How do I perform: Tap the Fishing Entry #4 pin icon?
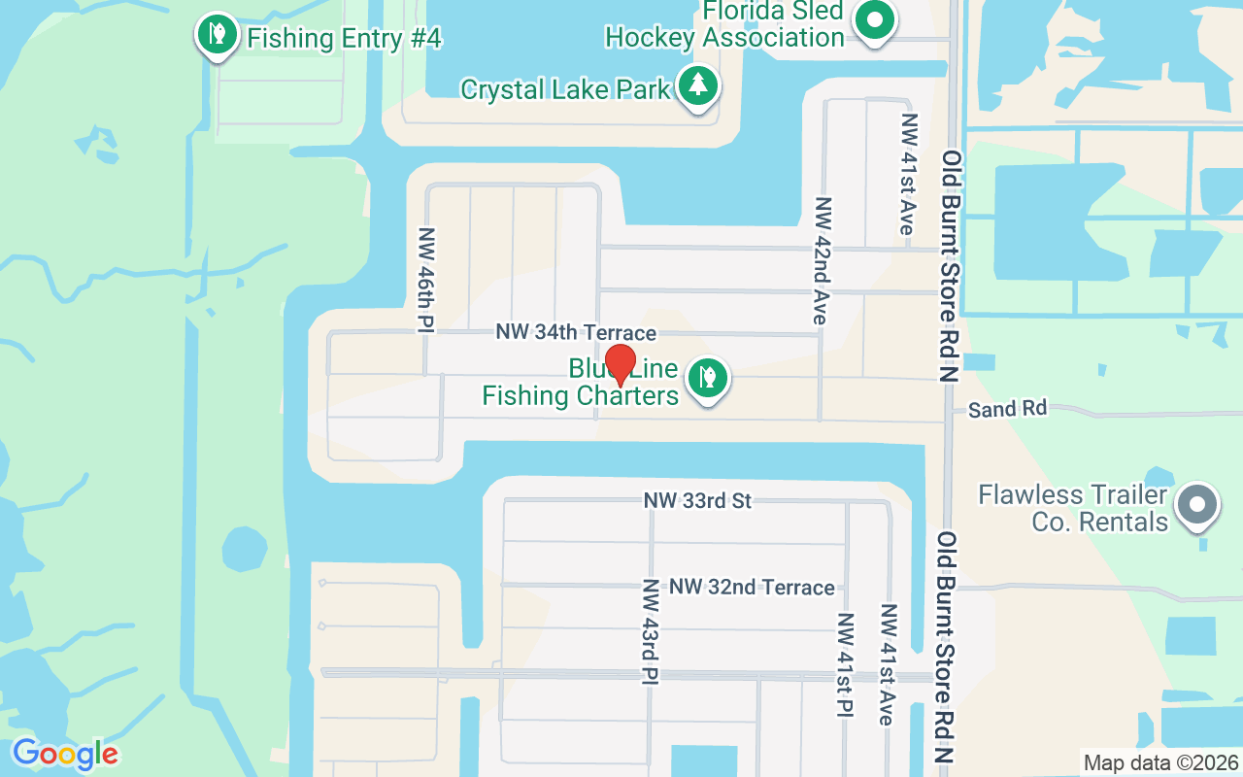click(218, 35)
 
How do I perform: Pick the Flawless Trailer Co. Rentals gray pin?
click(1197, 505)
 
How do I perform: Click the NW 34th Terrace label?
click(576, 332)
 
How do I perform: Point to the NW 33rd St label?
click(697, 500)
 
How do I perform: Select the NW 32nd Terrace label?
click(752, 587)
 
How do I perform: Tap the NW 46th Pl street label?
click(425, 282)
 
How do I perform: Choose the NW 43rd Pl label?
click(650, 631)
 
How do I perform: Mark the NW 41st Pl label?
click(846, 665)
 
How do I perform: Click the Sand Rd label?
click(1008, 409)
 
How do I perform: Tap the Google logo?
click(65, 755)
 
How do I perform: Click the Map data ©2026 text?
click(1160, 763)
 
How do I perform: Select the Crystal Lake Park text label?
click(565, 90)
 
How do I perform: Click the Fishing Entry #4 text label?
click(344, 39)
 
